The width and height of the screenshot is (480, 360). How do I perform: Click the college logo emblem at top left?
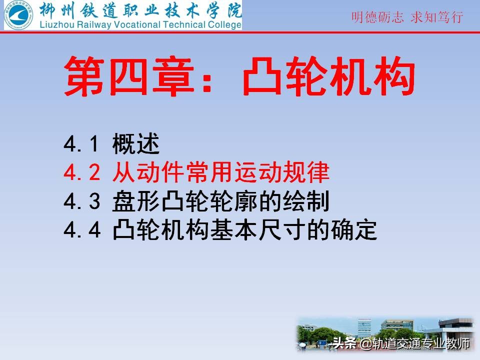pos(18,15)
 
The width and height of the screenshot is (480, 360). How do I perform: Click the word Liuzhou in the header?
pos(53,24)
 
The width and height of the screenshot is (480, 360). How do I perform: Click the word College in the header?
pos(224,24)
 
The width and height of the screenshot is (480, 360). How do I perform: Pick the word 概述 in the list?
pos(135,145)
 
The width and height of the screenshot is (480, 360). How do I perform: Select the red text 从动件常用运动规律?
pos(220,173)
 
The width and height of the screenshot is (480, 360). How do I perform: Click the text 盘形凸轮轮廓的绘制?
pos(220,201)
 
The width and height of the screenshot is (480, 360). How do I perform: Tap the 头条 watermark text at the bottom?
pos(344,344)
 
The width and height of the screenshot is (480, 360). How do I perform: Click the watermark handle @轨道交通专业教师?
pos(415,344)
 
